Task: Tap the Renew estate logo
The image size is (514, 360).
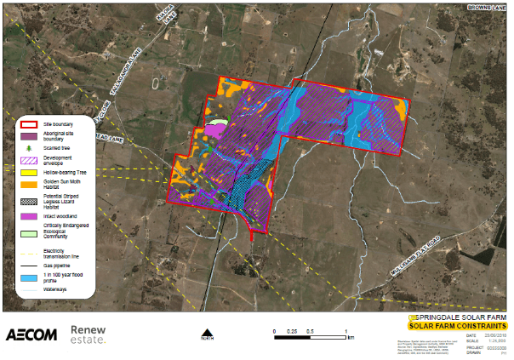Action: pos(88,334)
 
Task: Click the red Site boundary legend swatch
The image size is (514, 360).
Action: pos(29,124)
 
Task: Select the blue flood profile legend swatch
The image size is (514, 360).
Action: pos(29,278)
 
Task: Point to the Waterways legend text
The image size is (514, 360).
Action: pos(56,290)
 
